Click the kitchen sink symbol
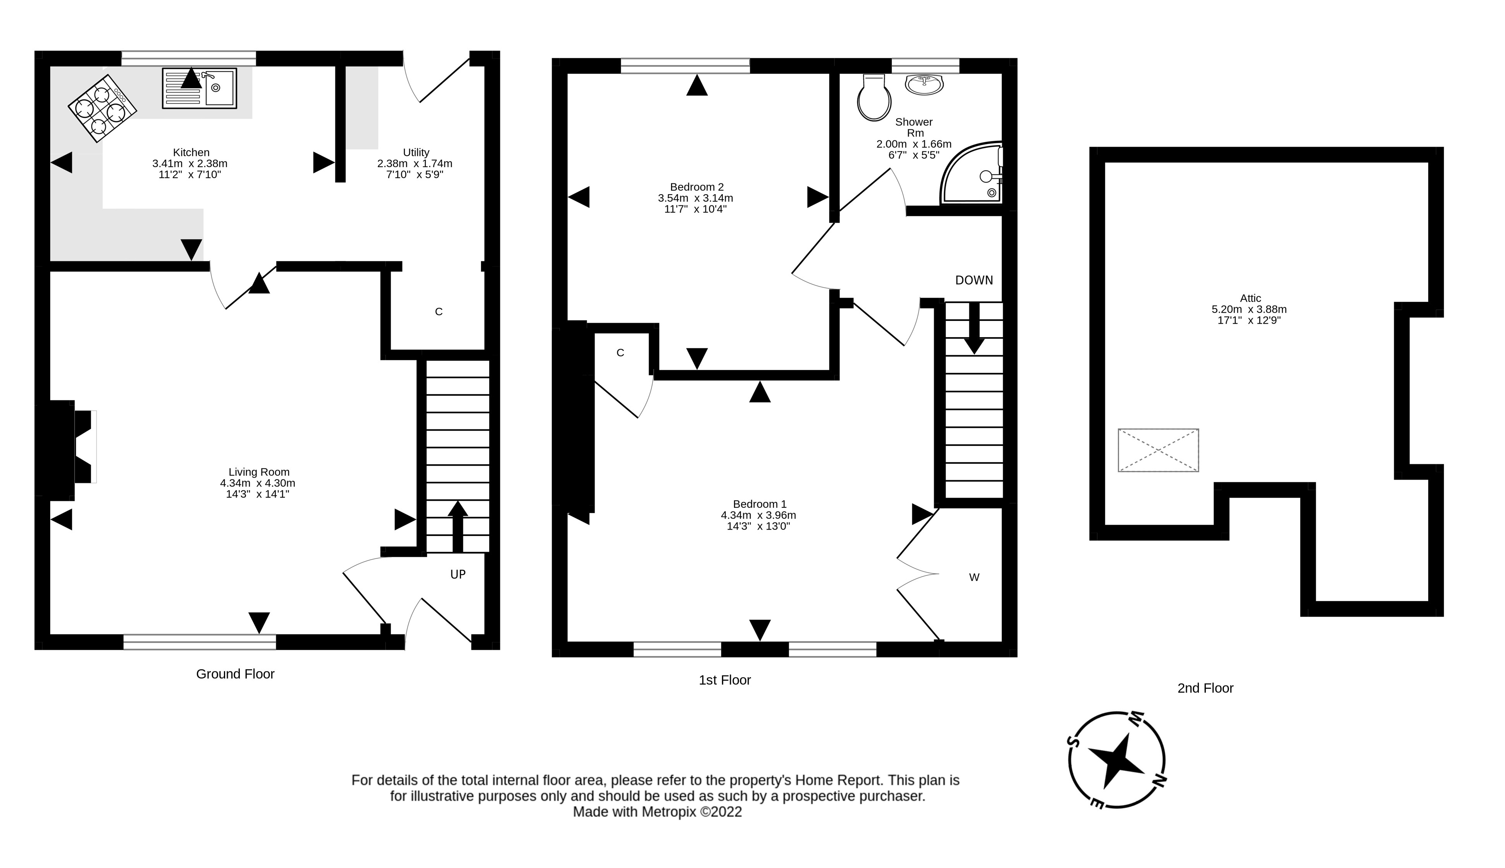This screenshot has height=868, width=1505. [200, 88]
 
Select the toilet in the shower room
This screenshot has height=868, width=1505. [874, 99]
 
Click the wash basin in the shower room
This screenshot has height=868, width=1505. [924, 84]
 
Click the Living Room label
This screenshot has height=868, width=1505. [259, 472]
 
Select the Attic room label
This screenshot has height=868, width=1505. [1250, 298]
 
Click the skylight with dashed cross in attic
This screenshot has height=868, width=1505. [1158, 450]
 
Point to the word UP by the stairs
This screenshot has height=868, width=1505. [457, 574]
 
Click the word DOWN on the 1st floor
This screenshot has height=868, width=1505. [973, 280]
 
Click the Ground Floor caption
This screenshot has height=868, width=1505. [235, 674]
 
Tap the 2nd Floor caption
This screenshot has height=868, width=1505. [1205, 688]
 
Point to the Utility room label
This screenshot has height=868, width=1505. [415, 152]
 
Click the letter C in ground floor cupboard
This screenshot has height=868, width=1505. [439, 312]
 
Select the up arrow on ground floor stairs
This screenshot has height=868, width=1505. [457, 526]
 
